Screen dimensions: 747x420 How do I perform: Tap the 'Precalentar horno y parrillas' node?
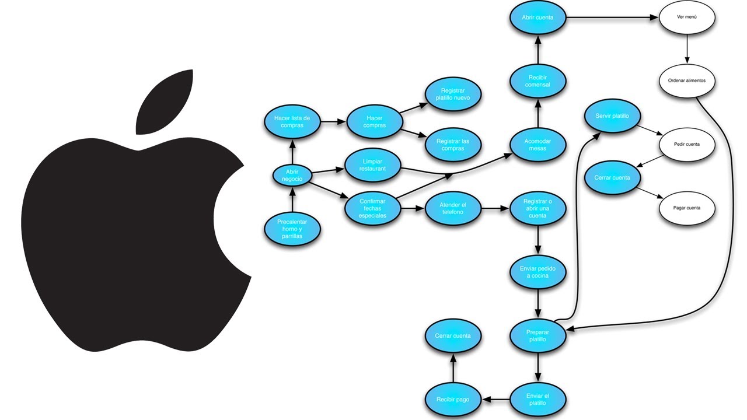(x=292, y=229)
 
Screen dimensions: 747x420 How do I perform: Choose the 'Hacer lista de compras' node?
(x=292, y=122)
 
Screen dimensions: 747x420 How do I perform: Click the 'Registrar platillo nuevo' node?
(x=453, y=94)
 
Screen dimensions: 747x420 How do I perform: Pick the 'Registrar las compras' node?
(x=453, y=145)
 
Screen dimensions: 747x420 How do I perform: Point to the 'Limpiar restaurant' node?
(x=373, y=164)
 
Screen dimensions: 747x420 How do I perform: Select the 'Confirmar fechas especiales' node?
(x=373, y=208)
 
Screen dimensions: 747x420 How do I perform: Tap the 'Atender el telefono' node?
(x=453, y=208)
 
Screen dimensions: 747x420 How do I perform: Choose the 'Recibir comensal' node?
(x=537, y=80)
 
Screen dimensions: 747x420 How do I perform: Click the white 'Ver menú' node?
(x=687, y=17)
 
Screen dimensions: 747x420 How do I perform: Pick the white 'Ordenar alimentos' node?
(x=687, y=81)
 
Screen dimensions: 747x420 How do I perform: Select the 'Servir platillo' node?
(x=612, y=116)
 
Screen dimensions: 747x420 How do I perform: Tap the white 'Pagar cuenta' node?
(x=687, y=208)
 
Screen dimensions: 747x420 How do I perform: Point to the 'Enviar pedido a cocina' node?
(x=537, y=272)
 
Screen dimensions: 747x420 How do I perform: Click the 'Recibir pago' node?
(x=453, y=400)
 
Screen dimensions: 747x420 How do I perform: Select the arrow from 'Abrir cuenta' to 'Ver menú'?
(x=612, y=17)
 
